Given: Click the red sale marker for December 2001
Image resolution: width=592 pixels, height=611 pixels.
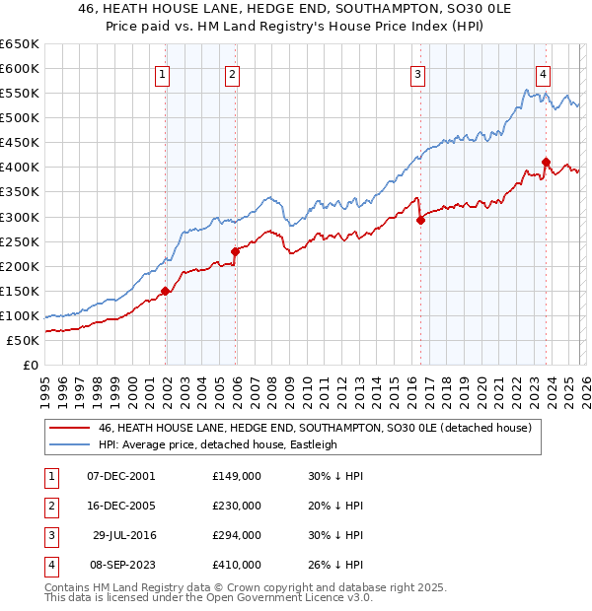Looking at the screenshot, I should tap(165, 291).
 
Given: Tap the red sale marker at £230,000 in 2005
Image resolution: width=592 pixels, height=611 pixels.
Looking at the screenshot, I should tap(235, 251).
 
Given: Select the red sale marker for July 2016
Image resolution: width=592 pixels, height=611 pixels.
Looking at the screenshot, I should tap(420, 220).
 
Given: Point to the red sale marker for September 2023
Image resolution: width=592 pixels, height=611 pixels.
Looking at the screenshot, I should tap(546, 162).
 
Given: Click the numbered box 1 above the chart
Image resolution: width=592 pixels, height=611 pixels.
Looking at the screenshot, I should tap(162, 72).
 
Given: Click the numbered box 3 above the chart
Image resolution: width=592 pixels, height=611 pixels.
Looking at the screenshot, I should tap(417, 72).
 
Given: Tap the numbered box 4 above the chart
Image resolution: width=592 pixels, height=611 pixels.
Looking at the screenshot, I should tap(544, 72).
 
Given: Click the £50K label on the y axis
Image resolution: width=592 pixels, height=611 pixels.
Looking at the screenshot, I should tap(24, 340).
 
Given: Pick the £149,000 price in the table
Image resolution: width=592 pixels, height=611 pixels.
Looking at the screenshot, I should tap(237, 475).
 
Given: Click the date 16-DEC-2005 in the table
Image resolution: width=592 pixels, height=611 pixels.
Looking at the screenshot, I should tap(119, 505).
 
